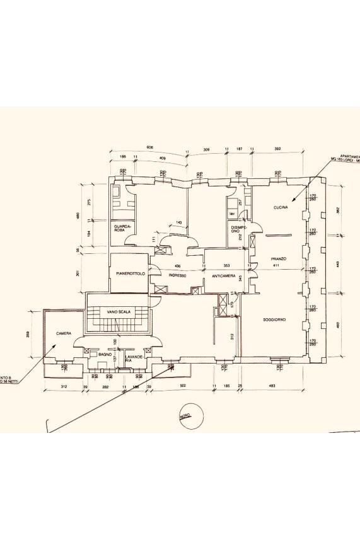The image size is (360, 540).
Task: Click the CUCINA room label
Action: pos(281,208)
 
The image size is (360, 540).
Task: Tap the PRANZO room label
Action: pos(279,258)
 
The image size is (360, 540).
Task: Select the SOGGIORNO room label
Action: pos(275,319)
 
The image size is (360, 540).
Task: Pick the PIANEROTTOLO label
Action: pos(131,274)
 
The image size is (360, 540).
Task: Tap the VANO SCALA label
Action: pos(119,312)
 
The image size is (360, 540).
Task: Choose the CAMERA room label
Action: pos(63,333)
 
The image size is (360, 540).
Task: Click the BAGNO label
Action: pos(105,355)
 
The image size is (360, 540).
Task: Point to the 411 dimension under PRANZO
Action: pos(275,266)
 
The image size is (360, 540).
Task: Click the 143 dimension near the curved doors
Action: pos(179,222)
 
